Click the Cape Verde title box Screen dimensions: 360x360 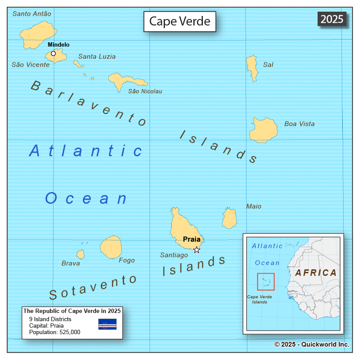point(180,21)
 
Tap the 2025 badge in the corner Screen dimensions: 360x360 point(332,19)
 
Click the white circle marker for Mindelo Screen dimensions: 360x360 point(53,54)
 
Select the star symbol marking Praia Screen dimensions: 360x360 point(197,249)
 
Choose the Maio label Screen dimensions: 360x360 point(253,206)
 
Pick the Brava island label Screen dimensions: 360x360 point(70,263)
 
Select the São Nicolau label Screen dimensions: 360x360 point(145,91)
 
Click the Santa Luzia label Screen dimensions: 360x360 point(97,57)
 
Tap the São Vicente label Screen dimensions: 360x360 point(30,65)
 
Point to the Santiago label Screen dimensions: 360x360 point(174,255)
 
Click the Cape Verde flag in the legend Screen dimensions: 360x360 point(107,324)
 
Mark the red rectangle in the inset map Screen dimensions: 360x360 point(266,281)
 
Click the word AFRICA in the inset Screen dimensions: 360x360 point(316,273)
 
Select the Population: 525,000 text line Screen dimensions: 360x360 point(54,332)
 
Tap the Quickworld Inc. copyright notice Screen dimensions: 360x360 point(311,344)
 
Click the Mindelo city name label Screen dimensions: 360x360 point(58,44)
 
